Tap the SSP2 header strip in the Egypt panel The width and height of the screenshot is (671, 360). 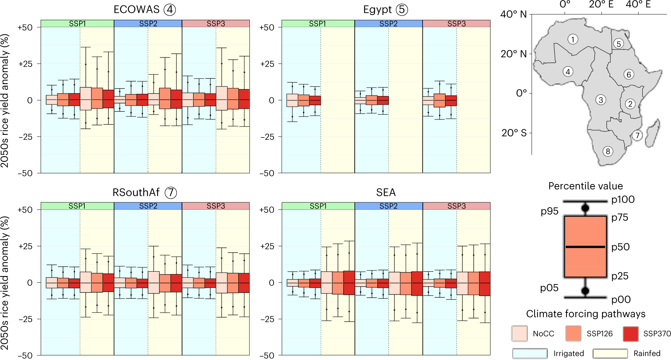[x=388, y=23]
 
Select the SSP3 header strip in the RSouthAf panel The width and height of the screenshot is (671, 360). [x=216, y=206]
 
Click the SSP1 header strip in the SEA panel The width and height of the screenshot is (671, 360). [x=318, y=206]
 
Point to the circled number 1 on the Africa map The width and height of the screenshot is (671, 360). [x=573, y=39]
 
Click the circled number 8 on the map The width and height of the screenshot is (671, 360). [x=608, y=151]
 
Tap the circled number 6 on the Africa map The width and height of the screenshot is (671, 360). [x=629, y=74]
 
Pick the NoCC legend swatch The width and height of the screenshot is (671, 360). [x=519, y=333]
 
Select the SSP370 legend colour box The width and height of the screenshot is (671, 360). [x=630, y=333]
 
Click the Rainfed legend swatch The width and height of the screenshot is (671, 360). [x=610, y=353]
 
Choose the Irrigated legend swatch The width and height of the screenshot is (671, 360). [x=530, y=353]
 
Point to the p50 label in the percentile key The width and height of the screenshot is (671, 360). [x=620, y=247]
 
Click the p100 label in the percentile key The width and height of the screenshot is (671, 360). [x=623, y=199]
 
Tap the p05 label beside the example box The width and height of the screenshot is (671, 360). [x=549, y=288]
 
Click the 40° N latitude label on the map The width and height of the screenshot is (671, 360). [x=513, y=14]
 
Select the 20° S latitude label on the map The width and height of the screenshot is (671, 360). [x=514, y=133]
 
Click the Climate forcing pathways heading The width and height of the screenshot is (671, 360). [x=586, y=314]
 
